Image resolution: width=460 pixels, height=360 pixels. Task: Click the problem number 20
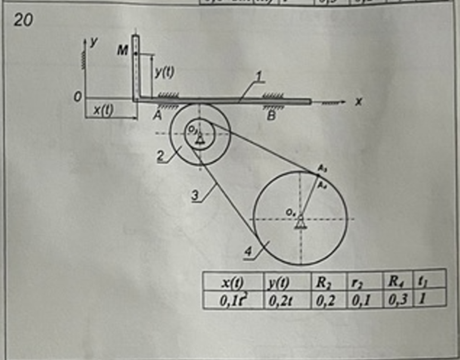(24, 20)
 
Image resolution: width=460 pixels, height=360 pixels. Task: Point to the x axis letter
(359, 101)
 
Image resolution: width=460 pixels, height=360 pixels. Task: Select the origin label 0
(77, 98)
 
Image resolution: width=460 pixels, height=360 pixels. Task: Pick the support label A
(157, 116)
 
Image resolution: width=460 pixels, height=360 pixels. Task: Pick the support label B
(271, 116)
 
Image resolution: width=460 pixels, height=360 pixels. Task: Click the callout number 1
(258, 77)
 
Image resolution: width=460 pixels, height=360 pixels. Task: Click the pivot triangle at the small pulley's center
(200, 139)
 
